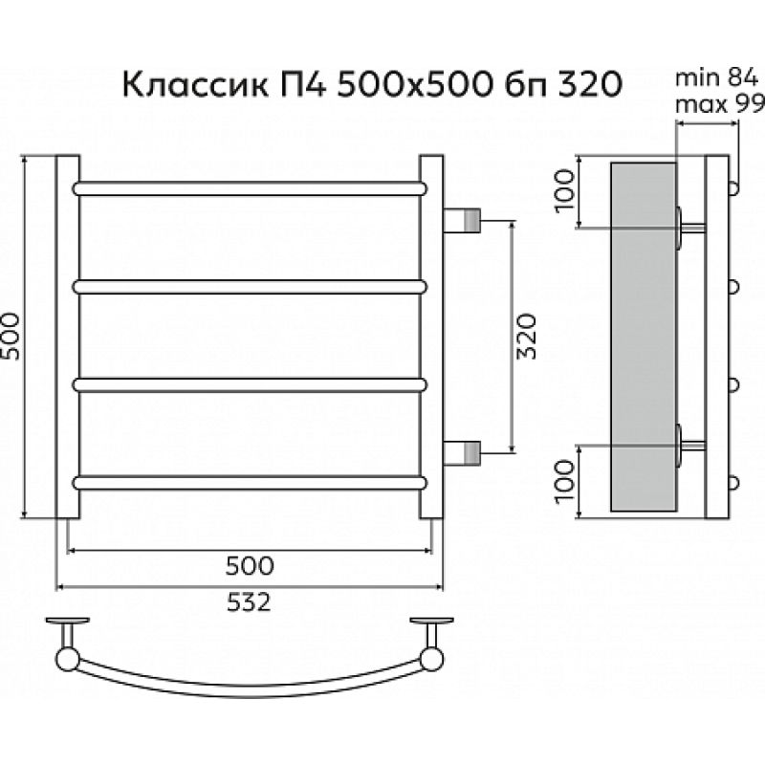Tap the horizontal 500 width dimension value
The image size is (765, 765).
(251, 565)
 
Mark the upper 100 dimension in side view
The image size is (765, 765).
(563, 190)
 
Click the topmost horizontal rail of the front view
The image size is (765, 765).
(251, 187)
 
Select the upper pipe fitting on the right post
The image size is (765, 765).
(466, 220)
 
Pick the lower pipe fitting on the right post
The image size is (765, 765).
(466, 449)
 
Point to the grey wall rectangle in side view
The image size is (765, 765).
(643, 335)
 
